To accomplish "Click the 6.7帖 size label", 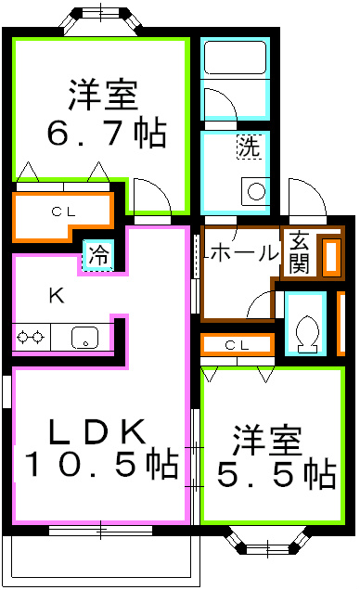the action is (x=107, y=134).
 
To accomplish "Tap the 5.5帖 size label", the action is (x=276, y=474).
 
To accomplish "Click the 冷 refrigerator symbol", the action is (x=97, y=254).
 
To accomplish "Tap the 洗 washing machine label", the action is (x=248, y=147).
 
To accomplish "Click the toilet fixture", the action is (x=304, y=327).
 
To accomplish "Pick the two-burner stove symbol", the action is (x=30, y=338).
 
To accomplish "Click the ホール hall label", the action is (x=243, y=251).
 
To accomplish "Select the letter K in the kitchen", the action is (x=56, y=296).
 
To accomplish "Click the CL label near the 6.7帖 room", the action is (x=62, y=212).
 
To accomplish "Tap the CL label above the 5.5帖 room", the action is (x=238, y=345).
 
